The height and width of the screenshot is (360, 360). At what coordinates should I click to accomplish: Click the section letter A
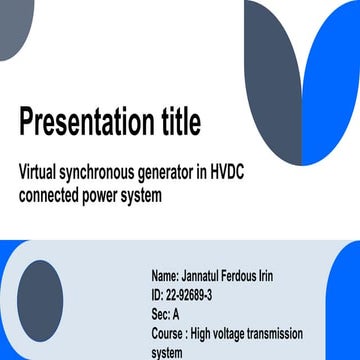point(176,314)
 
